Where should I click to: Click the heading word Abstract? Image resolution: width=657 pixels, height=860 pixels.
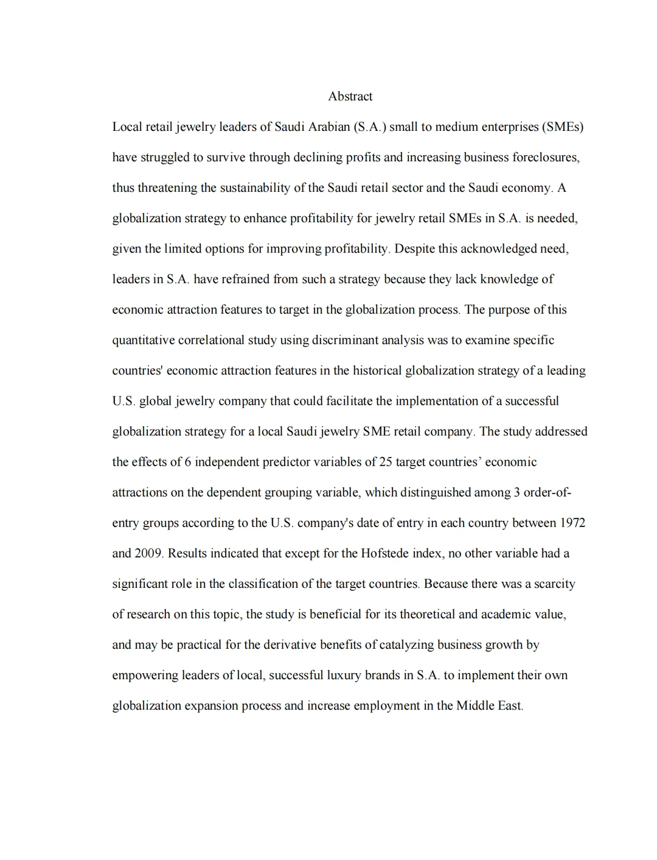[x=350, y=96]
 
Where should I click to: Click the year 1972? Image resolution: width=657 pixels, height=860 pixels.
[x=572, y=523]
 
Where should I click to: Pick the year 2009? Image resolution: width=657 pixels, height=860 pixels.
[x=148, y=553]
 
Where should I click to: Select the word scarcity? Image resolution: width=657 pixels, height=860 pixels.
[x=551, y=584]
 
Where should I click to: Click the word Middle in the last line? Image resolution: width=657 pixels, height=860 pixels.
[x=474, y=705]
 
